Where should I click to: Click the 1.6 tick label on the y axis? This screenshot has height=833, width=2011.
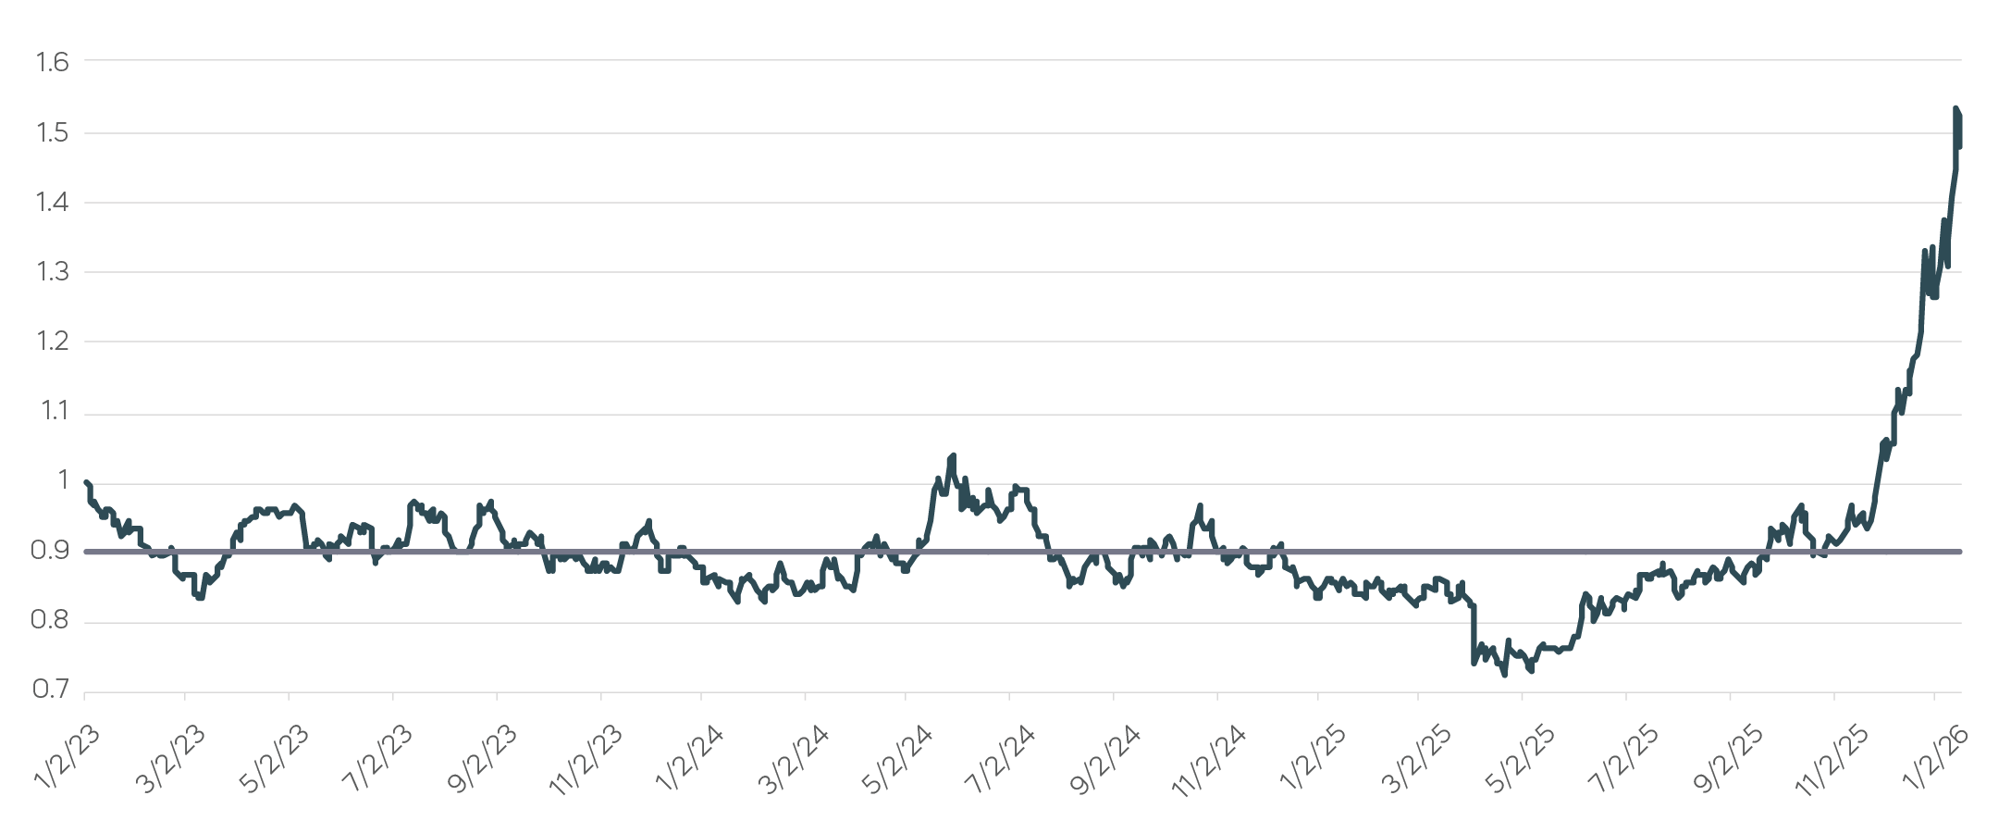click(52, 62)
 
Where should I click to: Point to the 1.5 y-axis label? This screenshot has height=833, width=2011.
click(52, 132)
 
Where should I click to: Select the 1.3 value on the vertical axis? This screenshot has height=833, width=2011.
click(52, 271)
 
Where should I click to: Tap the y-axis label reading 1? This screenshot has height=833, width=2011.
click(63, 479)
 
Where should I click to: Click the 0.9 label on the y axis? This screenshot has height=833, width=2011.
click(50, 551)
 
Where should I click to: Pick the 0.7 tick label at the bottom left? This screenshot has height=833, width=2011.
click(50, 690)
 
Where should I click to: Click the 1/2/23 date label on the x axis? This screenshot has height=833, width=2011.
click(67, 759)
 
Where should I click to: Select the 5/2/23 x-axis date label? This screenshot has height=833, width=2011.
click(273, 759)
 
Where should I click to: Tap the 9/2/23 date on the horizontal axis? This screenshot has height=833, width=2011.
click(481, 759)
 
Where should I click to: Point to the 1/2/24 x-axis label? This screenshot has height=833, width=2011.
click(688, 759)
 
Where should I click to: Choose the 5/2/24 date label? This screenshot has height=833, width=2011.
click(895, 759)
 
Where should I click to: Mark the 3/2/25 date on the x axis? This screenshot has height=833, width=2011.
click(1415, 759)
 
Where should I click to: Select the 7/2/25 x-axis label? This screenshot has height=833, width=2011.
click(1622, 759)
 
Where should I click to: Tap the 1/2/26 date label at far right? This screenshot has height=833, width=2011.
click(1933, 759)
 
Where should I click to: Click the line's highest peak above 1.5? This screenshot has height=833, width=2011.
click(1955, 109)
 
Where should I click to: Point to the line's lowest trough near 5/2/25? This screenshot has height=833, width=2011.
click(1504, 675)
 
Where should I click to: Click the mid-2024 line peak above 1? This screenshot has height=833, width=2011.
click(953, 455)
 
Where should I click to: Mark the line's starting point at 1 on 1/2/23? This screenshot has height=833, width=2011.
click(86, 481)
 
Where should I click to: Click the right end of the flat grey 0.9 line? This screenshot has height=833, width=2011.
click(1960, 552)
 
